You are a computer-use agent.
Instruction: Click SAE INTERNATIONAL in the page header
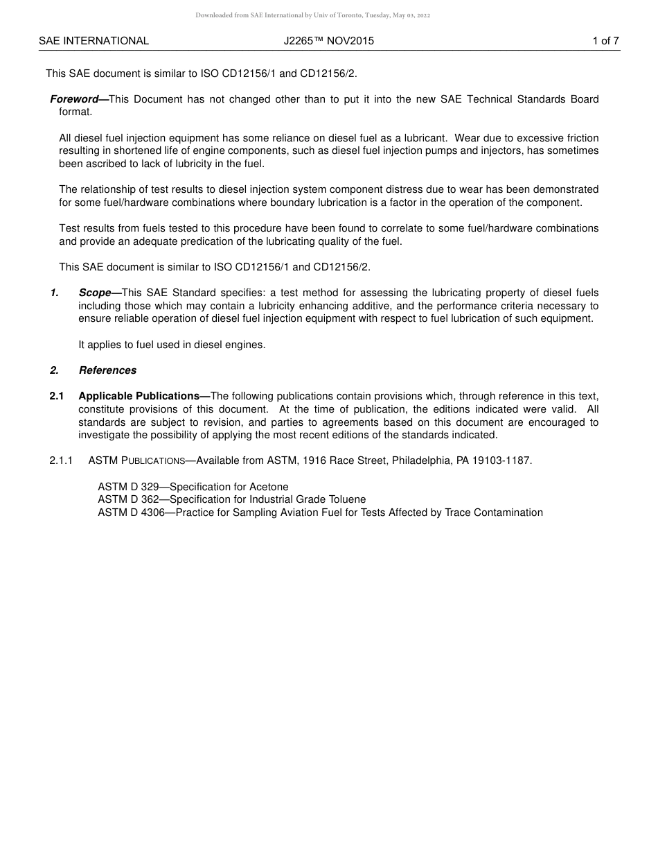[94, 41]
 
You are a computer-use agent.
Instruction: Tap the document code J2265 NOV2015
[328, 41]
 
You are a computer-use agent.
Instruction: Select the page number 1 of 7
[605, 41]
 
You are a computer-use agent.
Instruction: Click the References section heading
[107, 370]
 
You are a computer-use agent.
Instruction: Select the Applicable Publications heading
[143, 396]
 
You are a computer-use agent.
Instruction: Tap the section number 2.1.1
[61, 460]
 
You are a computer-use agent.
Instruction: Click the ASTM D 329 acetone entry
[193, 487]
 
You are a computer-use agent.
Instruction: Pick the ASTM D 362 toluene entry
[231, 499]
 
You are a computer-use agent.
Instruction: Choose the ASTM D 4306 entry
[320, 512]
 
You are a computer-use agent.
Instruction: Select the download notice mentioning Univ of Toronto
[312, 15]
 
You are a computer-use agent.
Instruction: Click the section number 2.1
[57, 396]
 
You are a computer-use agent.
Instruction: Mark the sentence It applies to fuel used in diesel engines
[172, 345]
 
